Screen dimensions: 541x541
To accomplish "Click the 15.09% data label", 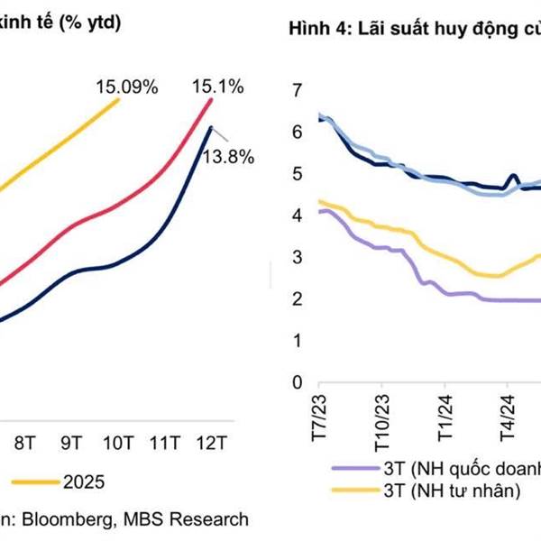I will [127, 87].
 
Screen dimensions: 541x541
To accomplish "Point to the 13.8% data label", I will [227, 156].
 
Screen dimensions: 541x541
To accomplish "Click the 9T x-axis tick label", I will [72, 443].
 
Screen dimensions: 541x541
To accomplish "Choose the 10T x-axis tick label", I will [118, 443].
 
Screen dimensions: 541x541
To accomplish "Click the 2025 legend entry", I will [84, 481].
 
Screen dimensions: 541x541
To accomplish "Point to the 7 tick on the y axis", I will [297, 90].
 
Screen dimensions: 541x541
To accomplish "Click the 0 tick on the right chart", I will [297, 383].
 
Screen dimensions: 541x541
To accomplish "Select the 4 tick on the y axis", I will [297, 215].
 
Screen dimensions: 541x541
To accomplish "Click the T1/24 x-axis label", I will [445, 414].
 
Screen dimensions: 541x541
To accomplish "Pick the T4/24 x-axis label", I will [507, 414].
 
